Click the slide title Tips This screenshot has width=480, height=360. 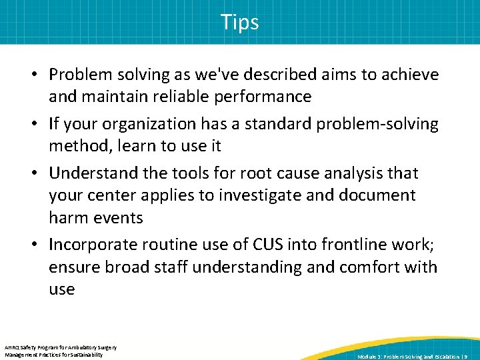(x=240, y=22)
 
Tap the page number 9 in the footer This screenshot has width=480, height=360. (x=466, y=357)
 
